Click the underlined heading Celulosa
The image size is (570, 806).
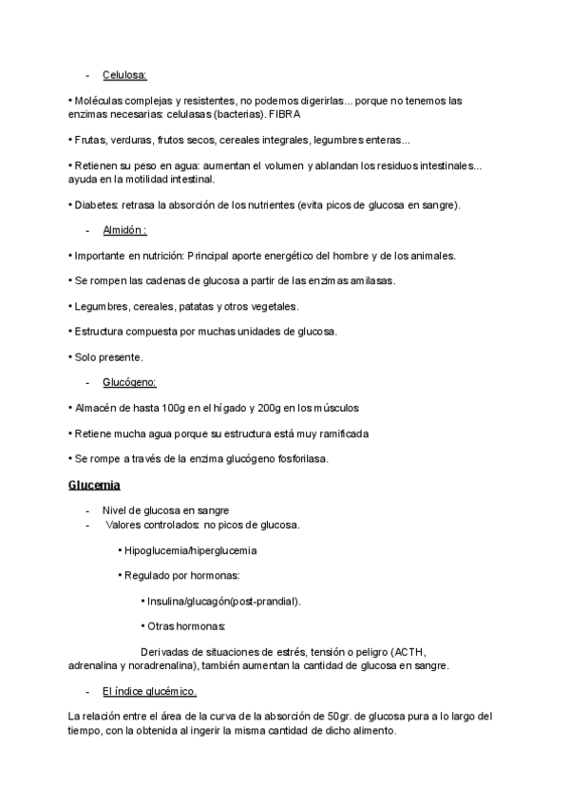(124, 74)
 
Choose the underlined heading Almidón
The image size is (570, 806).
(124, 230)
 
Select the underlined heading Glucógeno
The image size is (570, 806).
(129, 382)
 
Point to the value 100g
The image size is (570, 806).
(178, 408)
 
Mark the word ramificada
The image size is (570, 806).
(338, 433)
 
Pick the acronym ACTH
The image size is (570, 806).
(409, 652)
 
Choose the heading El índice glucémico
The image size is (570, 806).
(149, 691)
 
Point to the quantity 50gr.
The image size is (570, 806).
(339, 716)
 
